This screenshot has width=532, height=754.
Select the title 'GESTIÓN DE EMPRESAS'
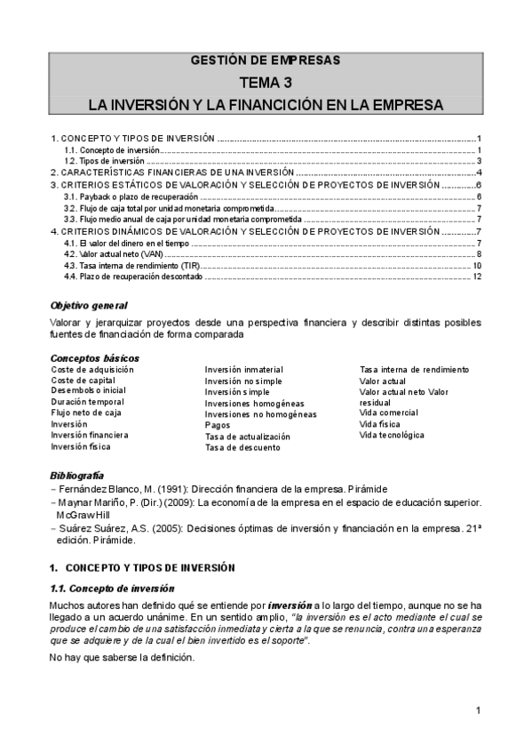point(266,60)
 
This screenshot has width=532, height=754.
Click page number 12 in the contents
point(477,277)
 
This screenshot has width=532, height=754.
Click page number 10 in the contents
point(477,266)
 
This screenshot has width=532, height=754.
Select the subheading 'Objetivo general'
point(89,306)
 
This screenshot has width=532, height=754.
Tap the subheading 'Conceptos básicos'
point(94,358)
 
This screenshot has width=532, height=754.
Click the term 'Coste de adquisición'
point(92,369)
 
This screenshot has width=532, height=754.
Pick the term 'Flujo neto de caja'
point(86,413)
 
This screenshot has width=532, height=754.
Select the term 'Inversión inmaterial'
point(243,370)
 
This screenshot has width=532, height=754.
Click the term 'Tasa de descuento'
point(242,447)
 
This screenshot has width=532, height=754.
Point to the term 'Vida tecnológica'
point(392,436)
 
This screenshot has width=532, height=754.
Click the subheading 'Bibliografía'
point(77,477)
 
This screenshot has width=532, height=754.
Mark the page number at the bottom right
point(477,710)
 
